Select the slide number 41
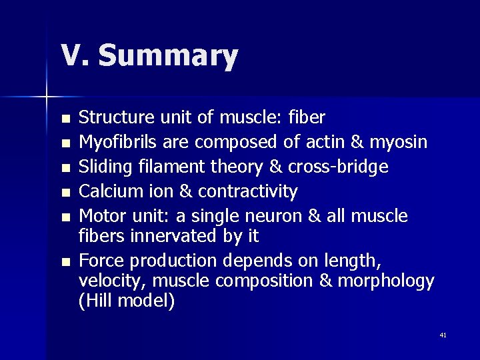click(x=443, y=335)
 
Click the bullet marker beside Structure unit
click(x=64, y=119)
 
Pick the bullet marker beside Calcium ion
click(x=64, y=193)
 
